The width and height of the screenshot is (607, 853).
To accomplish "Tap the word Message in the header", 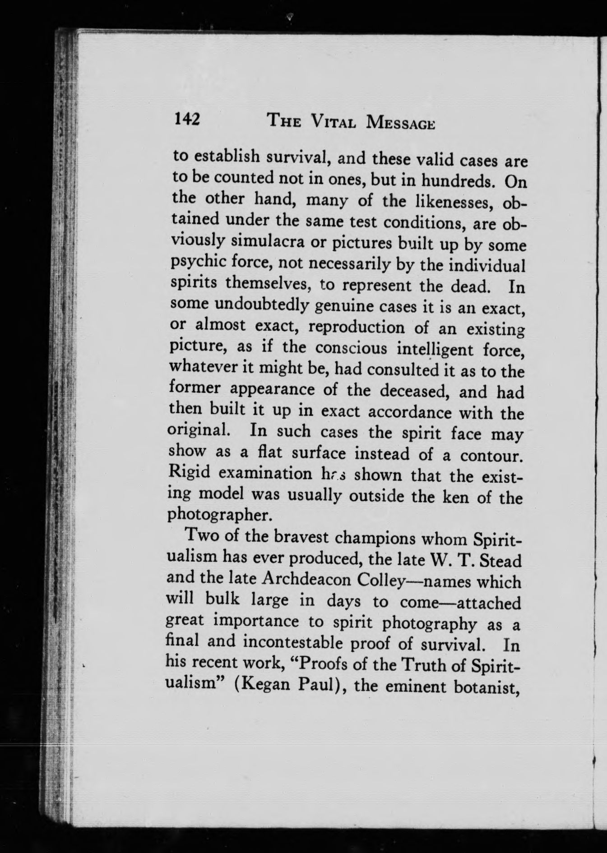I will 402,123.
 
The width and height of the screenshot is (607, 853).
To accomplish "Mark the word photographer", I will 221,515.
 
